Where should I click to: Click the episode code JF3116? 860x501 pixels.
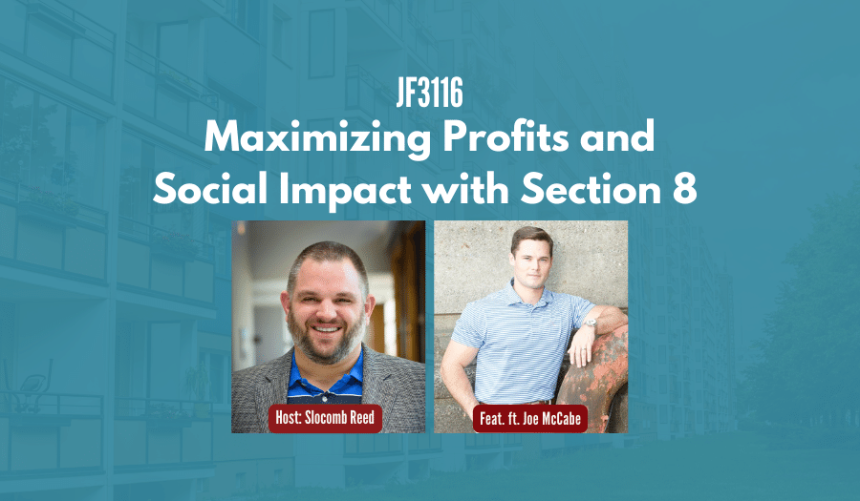point(430,93)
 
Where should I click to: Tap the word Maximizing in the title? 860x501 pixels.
point(317,137)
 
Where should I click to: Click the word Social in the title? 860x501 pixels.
point(210,190)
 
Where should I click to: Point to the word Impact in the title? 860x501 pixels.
point(345,191)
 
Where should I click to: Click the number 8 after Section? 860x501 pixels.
point(684,190)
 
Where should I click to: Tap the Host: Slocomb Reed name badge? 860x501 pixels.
point(325,418)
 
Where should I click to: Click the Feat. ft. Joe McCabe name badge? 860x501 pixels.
point(529,419)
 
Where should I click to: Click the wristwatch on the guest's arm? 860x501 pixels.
point(591,323)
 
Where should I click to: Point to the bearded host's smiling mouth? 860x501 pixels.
point(327,329)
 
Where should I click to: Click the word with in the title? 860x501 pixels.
point(465,190)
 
